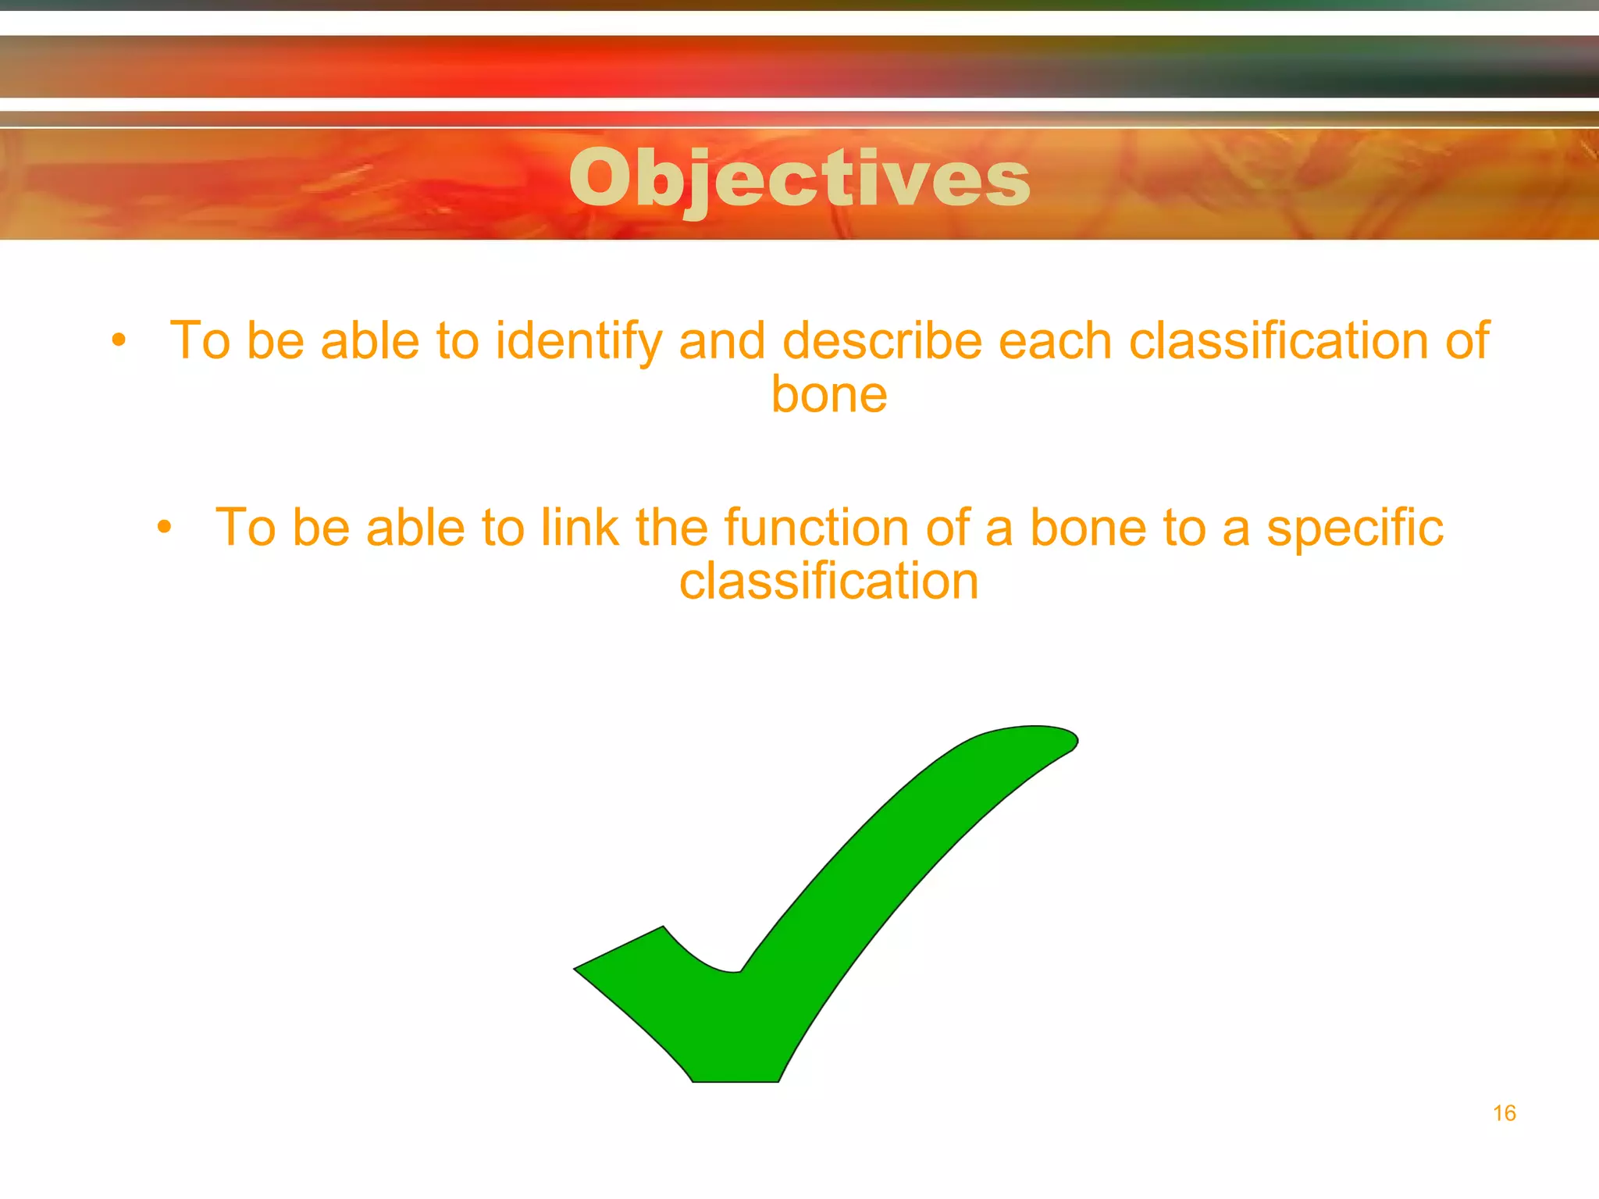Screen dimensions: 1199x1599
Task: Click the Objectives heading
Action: tap(799, 179)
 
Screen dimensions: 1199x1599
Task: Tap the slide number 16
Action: tap(1504, 1113)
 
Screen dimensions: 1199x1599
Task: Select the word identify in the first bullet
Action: tap(579, 341)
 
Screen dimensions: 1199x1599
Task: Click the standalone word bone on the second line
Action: tap(829, 394)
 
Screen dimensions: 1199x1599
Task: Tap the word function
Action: tap(816, 528)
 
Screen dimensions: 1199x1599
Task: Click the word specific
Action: tap(1355, 529)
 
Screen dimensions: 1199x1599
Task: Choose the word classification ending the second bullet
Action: tap(829, 582)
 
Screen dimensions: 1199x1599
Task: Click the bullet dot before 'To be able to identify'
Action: tap(119, 340)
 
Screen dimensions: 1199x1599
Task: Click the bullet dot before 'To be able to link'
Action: tap(164, 527)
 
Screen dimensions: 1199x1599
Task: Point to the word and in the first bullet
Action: tap(722, 341)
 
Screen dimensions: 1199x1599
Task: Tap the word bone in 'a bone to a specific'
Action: tap(1088, 528)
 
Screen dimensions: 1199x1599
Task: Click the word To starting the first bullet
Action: tap(200, 341)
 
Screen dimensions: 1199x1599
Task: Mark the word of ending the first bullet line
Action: tap(1467, 341)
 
